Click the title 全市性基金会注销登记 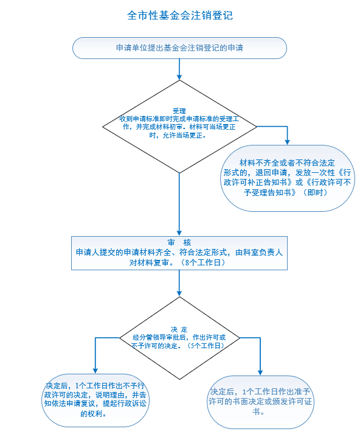(x=180, y=15)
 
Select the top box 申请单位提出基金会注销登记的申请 (x=179, y=48)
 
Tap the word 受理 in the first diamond (x=179, y=111)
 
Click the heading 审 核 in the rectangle (x=179, y=242)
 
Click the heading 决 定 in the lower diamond (x=179, y=330)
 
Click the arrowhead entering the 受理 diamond (x=179, y=77)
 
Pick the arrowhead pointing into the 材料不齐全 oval (x=288, y=142)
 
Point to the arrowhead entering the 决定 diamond (x=179, y=293)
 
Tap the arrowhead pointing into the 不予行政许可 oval (x=95, y=371)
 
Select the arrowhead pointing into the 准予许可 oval (x=260, y=372)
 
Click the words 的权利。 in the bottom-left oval (x=94, y=414)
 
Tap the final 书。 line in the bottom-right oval (x=258, y=411)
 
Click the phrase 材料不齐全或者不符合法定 (x=287, y=163)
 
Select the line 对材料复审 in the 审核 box (x=149, y=262)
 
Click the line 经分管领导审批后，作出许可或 (x=179, y=338)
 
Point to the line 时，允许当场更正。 (x=178, y=136)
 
